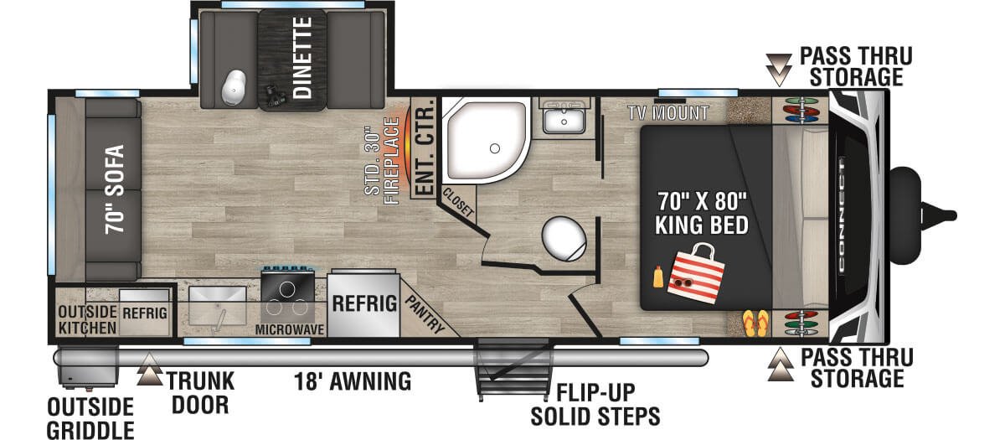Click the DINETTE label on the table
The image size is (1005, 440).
[x=302, y=58]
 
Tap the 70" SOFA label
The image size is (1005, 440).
[x=115, y=189]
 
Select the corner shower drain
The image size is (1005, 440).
[x=495, y=148]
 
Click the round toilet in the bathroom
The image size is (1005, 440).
[x=564, y=238]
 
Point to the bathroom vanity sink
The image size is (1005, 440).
[x=564, y=119]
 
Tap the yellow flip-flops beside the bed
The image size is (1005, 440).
[x=755, y=323]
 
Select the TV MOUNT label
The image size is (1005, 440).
[x=668, y=113]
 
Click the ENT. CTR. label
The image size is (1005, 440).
[x=424, y=147]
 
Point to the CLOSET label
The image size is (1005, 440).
[x=458, y=202]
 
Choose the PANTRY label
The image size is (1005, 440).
[x=425, y=314]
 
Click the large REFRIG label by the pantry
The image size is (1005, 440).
[x=364, y=303]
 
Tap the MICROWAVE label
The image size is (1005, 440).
[x=290, y=329]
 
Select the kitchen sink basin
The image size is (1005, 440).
[x=218, y=305]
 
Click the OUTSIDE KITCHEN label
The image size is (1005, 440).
[x=87, y=319]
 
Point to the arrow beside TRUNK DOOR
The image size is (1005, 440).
[x=149, y=369]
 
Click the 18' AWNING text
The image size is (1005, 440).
[x=353, y=381]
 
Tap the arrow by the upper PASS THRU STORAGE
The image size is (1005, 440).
[x=779, y=70]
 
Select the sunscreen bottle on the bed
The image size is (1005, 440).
[x=657, y=277]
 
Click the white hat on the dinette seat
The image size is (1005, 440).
[x=234, y=87]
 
